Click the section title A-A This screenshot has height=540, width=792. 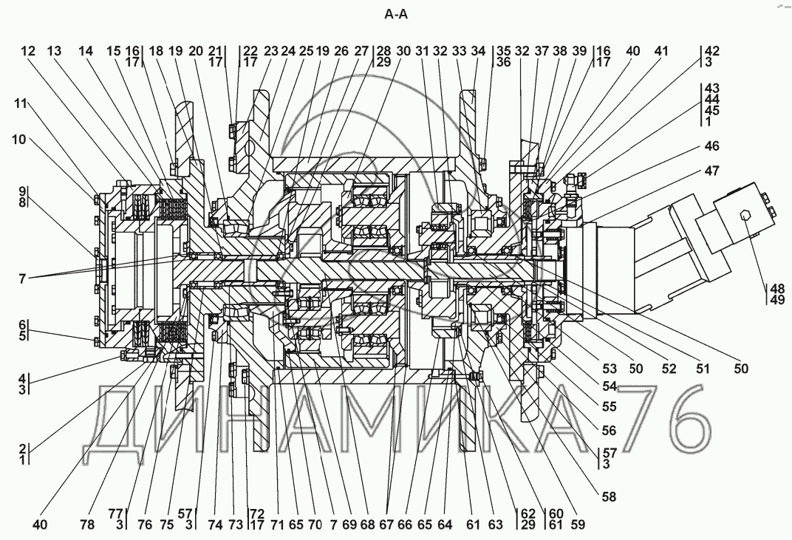(x=396, y=13)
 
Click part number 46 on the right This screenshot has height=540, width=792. (x=711, y=147)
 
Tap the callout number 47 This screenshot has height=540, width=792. (x=711, y=171)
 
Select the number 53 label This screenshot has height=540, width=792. (x=609, y=369)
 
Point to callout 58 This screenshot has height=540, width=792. (x=609, y=497)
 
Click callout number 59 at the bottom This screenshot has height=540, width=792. (x=578, y=525)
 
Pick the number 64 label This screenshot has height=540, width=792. (x=445, y=525)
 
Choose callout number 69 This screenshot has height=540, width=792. (x=349, y=525)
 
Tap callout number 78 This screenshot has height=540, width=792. (x=88, y=525)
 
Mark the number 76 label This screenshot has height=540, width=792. (x=144, y=525)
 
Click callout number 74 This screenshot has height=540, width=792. (x=215, y=525)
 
